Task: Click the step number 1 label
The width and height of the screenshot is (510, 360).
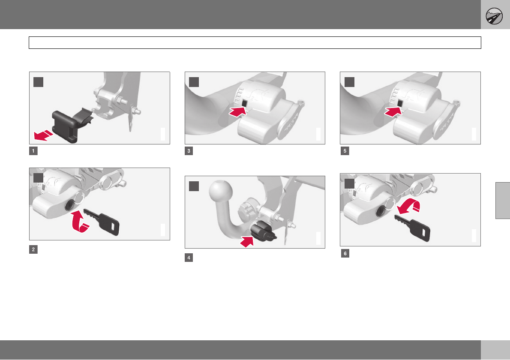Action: click(33, 151)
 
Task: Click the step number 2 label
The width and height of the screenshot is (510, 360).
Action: click(33, 249)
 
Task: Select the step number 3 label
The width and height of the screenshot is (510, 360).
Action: click(189, 151)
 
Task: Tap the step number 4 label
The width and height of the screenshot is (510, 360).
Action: click(189, 258)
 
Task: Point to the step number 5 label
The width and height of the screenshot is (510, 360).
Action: click(345, 151)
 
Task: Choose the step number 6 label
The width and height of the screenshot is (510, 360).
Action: click(345, 253)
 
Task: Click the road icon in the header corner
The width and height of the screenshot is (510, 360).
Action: click(494, 16)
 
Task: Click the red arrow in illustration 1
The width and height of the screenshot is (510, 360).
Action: click(43, 135)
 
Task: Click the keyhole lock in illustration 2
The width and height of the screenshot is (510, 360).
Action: click(70, 205)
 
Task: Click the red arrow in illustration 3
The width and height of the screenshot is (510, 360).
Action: click(238, 111)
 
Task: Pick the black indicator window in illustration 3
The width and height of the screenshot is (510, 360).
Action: click(244, 103)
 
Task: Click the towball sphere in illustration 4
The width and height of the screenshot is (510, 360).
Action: click(221, 191)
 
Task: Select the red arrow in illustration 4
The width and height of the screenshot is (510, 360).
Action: click(247, 241)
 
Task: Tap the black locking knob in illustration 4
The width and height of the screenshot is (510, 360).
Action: click(263, 231)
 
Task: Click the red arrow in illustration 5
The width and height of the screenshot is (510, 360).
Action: click(393, 111)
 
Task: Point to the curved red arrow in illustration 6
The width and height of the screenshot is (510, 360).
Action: click(409, 206)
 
